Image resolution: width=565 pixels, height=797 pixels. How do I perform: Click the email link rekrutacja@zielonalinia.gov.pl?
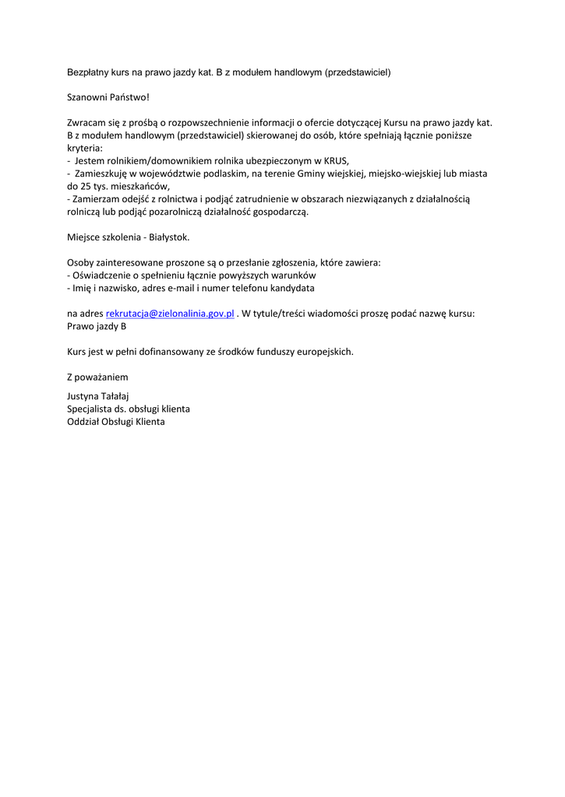(170, 313)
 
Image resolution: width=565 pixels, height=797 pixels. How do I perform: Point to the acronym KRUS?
(336, 160)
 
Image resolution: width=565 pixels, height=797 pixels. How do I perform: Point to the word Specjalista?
(92, 409)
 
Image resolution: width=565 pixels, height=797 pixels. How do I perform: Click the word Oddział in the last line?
(84, 422)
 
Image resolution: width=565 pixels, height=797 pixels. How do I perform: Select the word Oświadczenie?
(104, 275)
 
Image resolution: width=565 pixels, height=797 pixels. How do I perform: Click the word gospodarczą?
(281, 212)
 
